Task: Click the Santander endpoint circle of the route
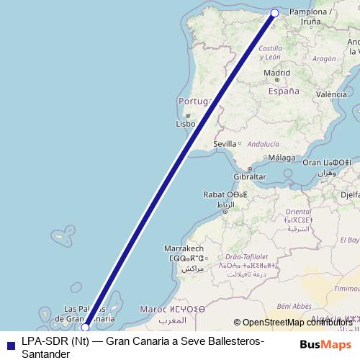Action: pyautogui.click(x=274, y=13)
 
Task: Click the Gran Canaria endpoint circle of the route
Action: pyautogui.click(x=85, y=327)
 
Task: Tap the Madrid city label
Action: pyautogui.click(x=276, y=73)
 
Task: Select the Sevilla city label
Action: pyautogui.click(x=225, y=144)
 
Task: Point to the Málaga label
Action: pyautogui.click(x=282, y=158)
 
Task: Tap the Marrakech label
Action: pyautogui.click(x=186, y=247)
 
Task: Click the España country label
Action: pyautogui.click(x=283, y=91)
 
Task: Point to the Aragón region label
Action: pyautogui.click(x=325, y=59)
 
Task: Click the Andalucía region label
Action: pyautogui.click(x=263, y=144)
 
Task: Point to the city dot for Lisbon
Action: pyautogui.click(x=186, y=116)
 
